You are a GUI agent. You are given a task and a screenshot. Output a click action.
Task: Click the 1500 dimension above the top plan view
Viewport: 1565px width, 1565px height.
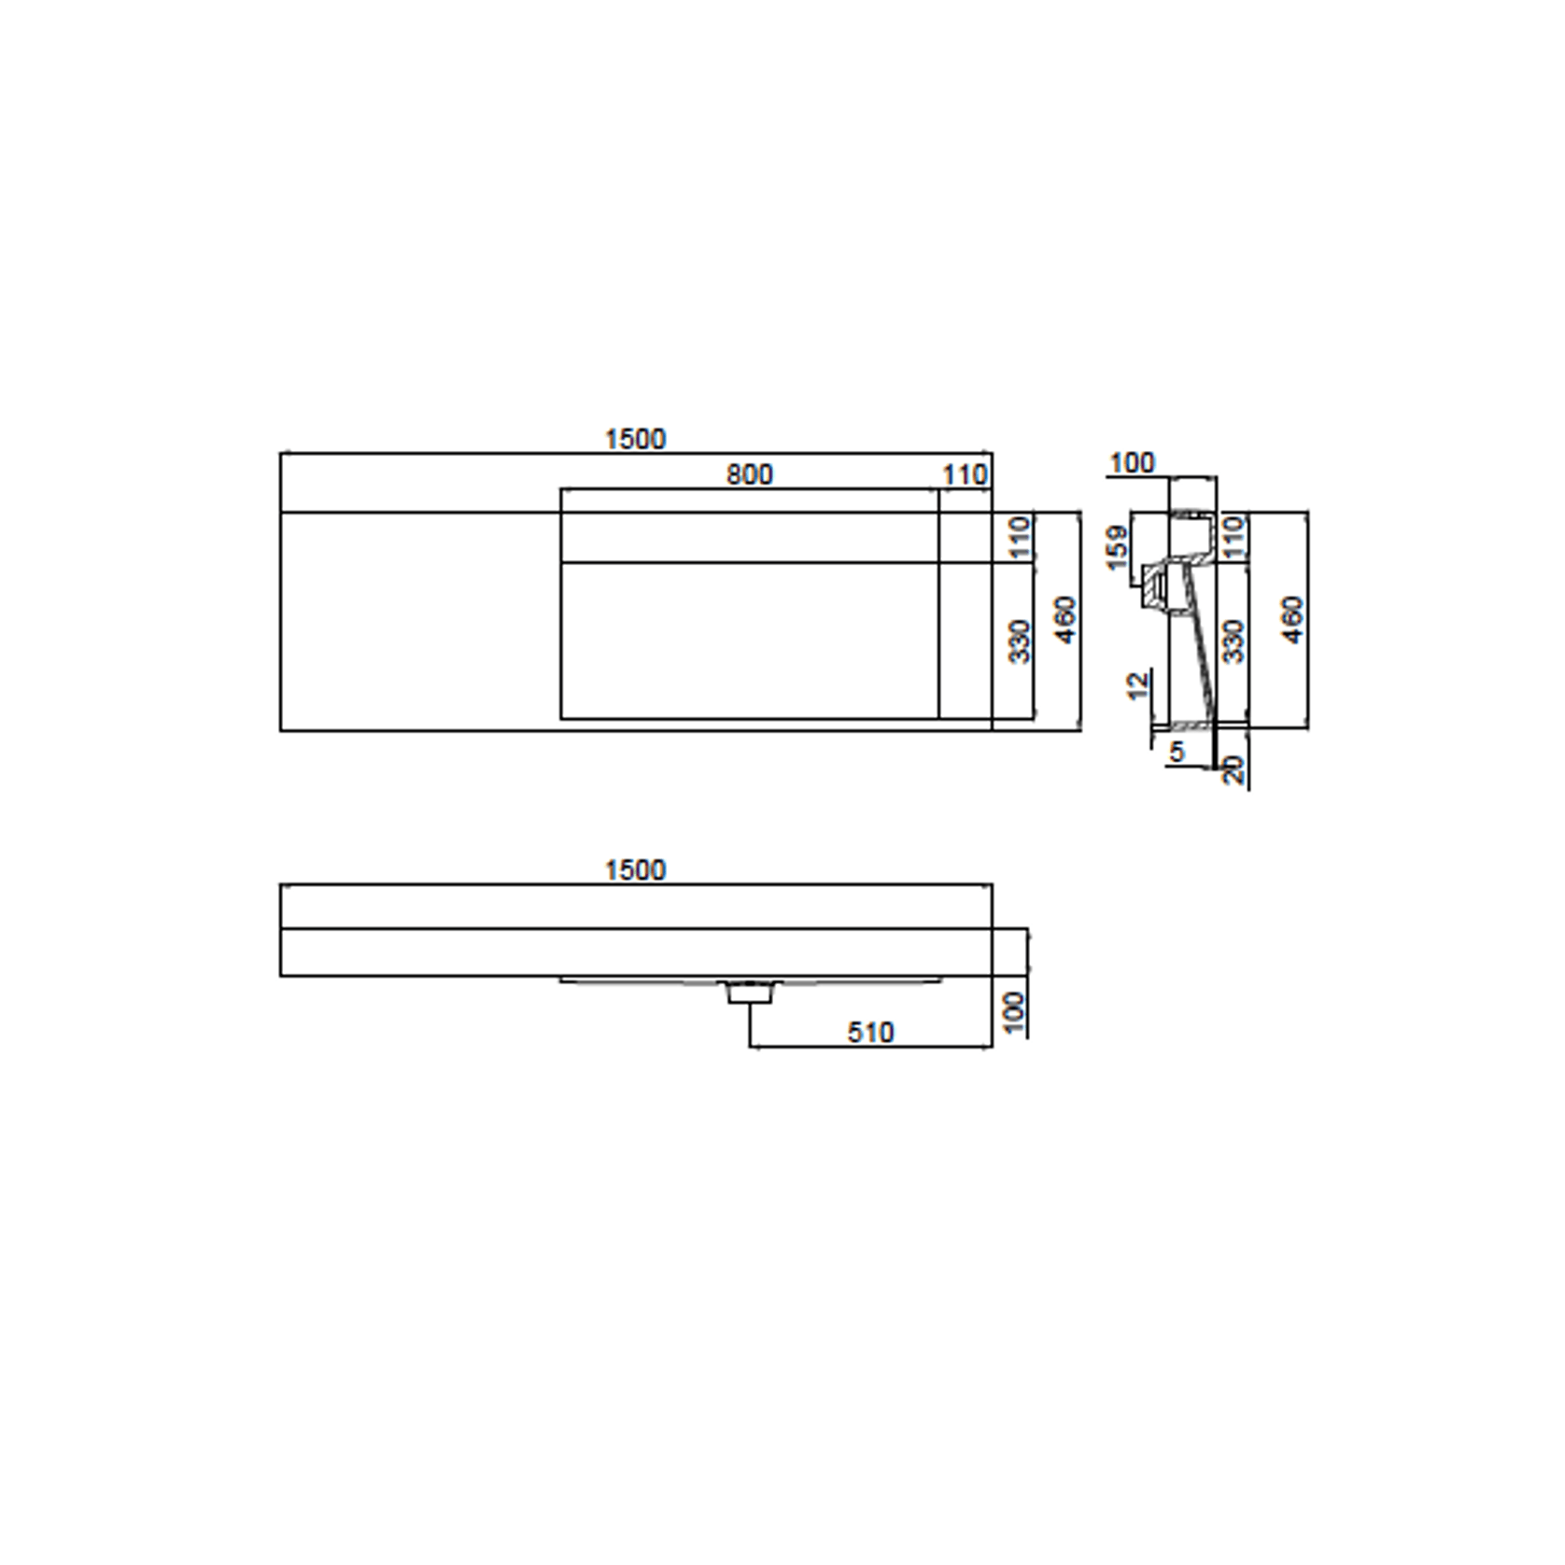tap(635, 439)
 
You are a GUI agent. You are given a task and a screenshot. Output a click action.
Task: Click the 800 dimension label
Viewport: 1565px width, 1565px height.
tap(750, 474)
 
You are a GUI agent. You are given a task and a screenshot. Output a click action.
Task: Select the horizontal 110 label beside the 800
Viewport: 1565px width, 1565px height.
tap(965, 475)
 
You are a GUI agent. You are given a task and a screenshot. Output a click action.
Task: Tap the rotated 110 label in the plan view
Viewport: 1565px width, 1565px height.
tap(1020, 537)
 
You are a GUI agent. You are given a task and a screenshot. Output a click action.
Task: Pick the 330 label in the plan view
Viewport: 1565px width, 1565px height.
tap(1020, 641)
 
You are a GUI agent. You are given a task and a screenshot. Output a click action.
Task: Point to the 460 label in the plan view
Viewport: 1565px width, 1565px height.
tap(1064, 619)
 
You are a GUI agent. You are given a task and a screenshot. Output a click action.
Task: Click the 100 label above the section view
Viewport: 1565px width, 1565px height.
tap(1132, 462)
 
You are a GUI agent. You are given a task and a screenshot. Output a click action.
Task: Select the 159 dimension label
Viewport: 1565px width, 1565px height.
tap(1117, 547)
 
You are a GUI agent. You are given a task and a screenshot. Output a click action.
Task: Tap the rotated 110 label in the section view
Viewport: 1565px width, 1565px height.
tap(1234, 537)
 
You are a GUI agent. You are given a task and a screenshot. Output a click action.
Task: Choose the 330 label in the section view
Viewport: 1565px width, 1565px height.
tap(1234, 641)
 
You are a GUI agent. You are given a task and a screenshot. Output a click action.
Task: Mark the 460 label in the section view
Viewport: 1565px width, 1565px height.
tap(1292, 619)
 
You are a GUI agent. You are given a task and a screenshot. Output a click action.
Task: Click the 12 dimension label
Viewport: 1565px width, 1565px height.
tap(1137, 686)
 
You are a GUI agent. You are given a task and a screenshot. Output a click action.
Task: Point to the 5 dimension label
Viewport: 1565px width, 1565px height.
tap(1177, 751)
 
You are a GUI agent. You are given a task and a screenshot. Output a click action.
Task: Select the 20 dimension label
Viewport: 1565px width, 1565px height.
tap(1234, 769)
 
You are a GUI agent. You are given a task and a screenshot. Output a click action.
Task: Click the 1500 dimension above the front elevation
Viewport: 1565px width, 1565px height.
tap(635, 870)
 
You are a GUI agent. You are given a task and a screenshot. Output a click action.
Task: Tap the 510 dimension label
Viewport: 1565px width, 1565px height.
tap(870, 1032)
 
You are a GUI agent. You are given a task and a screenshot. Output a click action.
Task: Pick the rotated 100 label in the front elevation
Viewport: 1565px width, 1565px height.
tap(1013, 1012)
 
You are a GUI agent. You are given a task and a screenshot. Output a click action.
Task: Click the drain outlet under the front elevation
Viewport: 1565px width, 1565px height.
tap(750, 992)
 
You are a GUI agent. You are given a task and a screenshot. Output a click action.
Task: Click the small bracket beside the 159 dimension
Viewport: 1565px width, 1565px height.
tap(1156, 587)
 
